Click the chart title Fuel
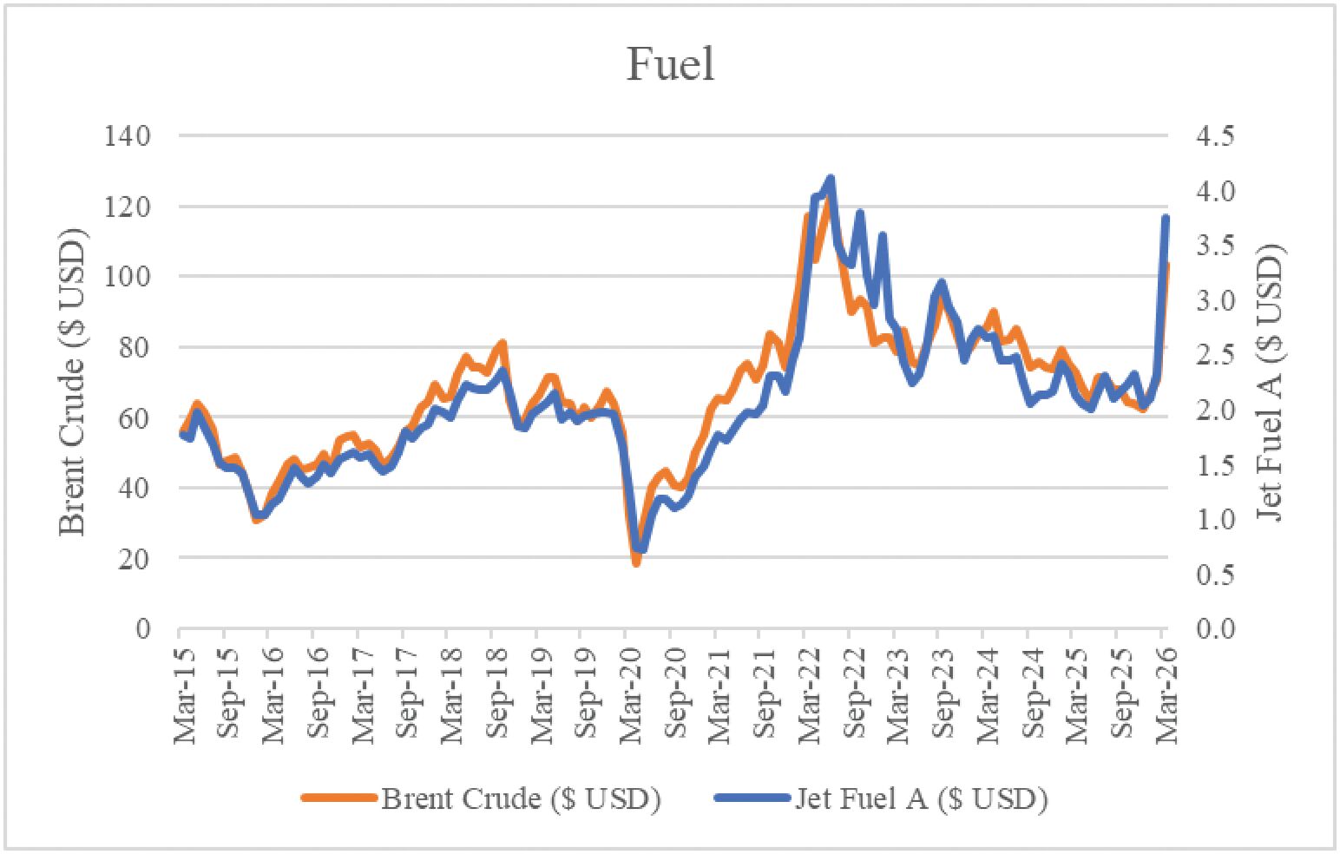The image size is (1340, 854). point(670,63)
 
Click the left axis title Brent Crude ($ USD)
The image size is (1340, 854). point(73,382)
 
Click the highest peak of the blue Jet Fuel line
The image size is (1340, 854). point(831,178)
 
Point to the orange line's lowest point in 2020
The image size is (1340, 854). point(636,563)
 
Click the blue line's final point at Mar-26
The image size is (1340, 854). point(1166,218)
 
